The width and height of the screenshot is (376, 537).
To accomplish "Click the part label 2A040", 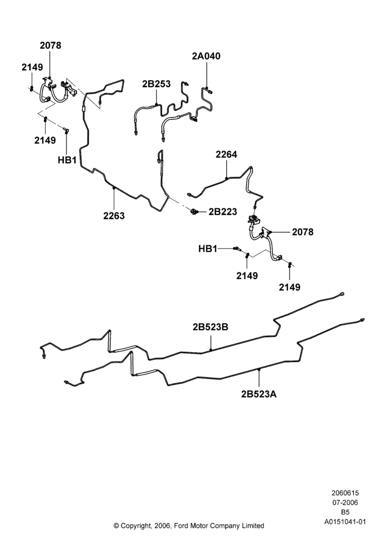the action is click(x=206, y=56).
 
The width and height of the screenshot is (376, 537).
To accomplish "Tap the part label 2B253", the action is click(x=156, y=84).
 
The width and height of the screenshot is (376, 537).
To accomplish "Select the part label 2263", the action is click(x=114, y=216).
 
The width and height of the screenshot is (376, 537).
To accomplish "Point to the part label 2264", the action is click(x=226, y=155).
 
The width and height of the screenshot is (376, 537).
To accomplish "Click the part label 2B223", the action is click(x=223, y=212).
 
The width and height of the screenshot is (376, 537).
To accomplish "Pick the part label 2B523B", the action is click(x=210, y=327).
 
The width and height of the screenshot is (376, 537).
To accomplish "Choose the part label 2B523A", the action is click(x=259, y=394).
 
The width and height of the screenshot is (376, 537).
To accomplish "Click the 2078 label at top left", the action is click(x=50, y=45).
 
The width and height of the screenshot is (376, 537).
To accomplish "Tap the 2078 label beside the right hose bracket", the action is click(x=303, y=232).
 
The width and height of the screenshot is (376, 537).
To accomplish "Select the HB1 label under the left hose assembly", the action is click(x=67, y=160).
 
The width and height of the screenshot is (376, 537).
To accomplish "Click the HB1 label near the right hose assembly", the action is click(x=208, y=249).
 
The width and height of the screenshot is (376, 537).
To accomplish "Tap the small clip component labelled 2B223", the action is click(x=195, y=212).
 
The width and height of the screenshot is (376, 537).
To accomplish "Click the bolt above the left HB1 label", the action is click(x=66, y=129).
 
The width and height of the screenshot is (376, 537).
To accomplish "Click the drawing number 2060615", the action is click(x=345, y=493).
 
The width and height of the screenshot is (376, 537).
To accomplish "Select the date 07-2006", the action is click(x=345, y=503).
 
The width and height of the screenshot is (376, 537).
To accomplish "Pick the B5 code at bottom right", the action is click(x=345, y=512).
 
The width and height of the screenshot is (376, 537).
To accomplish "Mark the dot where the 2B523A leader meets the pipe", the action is click(x=259, y=369).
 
